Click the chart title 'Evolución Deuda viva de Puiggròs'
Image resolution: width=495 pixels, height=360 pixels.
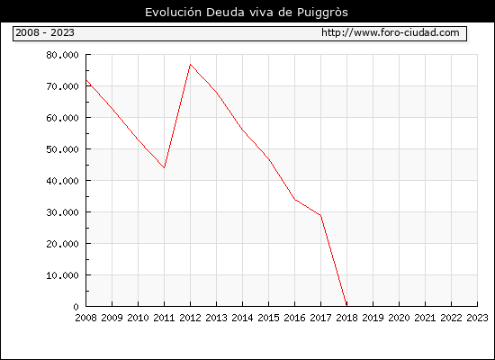pyautogui.click(x=247, y=13)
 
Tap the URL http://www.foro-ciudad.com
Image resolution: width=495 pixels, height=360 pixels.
pyautogui.click(x=391, y=32)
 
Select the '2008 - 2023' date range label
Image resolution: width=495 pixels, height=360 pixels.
pyautogui.click(x=45, y=32)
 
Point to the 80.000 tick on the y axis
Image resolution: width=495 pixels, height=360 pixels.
pyautogui.click(x=62, y=55)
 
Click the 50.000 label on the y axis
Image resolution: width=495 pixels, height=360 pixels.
pyautogui.click(x=62, y=149)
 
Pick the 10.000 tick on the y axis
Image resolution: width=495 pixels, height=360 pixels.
pyautogui.click(x=62, y=275)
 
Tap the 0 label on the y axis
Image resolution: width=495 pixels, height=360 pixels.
pyautogui.click(x=76, y=307)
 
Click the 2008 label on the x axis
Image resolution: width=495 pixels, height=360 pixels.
pyautogui.click(x=85, y=318)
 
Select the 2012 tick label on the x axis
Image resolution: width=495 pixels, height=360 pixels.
pyautogui.click(x=191, y=318)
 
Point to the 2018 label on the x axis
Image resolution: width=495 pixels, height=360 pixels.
pyautogui.click(x=346, y=318)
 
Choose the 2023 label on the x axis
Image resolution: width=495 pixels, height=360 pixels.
pyautogui.click(x=477, y=318)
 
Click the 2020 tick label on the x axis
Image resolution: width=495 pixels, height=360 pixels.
pyautogui.click(x=399, y=318)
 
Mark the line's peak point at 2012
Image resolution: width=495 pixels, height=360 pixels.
pyautogui.click(x=191, y=65)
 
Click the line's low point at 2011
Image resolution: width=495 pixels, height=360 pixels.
pyautogui.click(x=164, y=167)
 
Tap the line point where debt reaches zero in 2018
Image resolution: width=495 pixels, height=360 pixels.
pyautogui.click(x=346, y=306)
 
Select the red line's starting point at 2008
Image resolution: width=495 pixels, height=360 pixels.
pyautogui.click(x=86, y=80)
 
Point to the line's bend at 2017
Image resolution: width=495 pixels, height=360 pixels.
pyautogui.click(x=320, y=215)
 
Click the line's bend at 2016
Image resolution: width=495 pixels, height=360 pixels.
pyautogui.click(x=294, y=199)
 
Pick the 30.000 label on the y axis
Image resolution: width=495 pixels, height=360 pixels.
pyautogui.click(x=62, y=212)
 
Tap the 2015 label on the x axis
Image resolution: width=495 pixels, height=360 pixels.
pyautogui.click(x=269, y=318)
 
